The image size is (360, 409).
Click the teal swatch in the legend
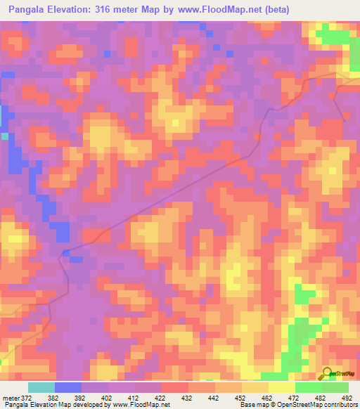(x=41, y=388)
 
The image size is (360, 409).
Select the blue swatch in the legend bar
(x=68, y=388)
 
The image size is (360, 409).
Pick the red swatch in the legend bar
(x=175, y=388)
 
